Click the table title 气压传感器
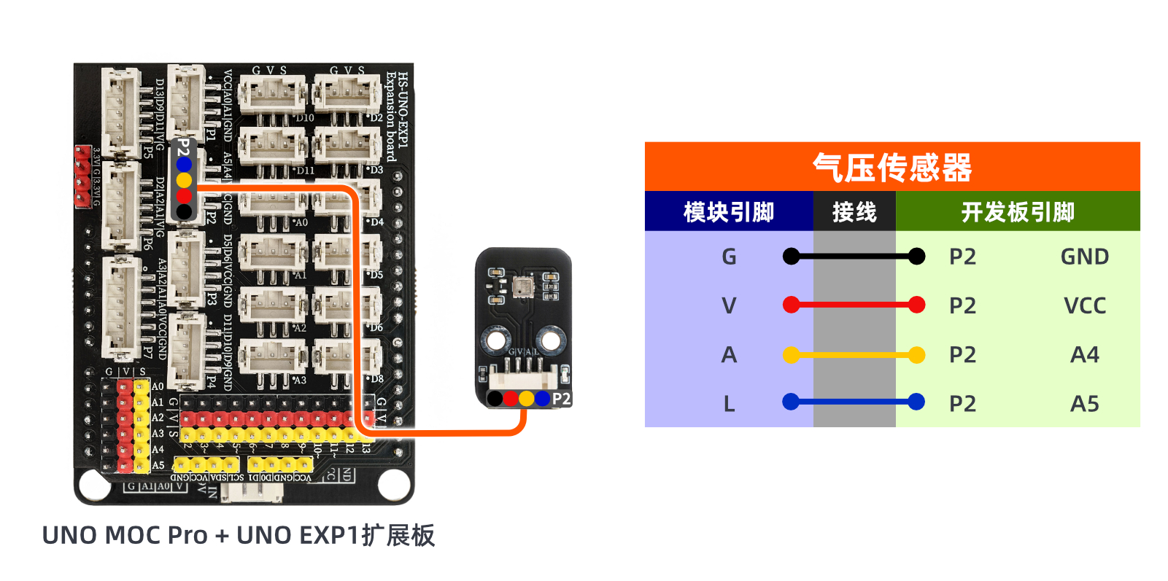click(x=892, y=168)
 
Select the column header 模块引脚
click(x=728, y=212)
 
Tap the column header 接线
click(x=854, y=212)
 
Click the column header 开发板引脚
click(x=1017, y=212)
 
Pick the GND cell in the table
click(x=1084, y=257)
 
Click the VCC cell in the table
click(x=1084, y=305)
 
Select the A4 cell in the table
click(x=1084, y=355)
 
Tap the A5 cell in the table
click(x=1084, y=404)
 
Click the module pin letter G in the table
click(x=728, y=257)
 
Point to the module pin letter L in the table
click(x=728, y=404)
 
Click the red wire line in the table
click(x=854, y=305)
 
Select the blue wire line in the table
click(x=854, y=402)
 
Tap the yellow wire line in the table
click(x=854, y=355)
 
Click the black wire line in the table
click(x=854, y=256)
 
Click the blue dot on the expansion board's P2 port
click(x=184, y=165)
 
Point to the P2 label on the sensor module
click(x=561, y=399)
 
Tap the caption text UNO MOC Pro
click(x=125, y=535)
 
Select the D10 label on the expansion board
click(x=304, y=117)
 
